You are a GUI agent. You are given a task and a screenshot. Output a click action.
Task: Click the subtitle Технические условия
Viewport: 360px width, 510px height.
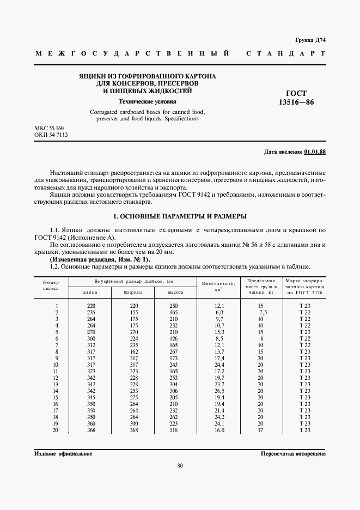click(x=148, y=101)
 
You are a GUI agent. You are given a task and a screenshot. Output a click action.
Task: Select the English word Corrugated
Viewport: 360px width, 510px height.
click(x=106, y=112)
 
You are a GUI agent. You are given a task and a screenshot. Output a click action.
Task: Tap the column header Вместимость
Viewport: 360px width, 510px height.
click(x=218, y=284)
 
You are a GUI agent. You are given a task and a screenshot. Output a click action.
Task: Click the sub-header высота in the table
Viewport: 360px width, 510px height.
click(x=174, y=292)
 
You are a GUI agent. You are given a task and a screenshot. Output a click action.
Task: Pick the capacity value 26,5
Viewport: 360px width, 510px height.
click(x=219, y=391)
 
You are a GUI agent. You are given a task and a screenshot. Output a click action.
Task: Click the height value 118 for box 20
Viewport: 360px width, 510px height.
click(x=174, y=430)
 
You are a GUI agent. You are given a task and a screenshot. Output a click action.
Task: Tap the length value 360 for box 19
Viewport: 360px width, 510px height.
click(x=91, y=423)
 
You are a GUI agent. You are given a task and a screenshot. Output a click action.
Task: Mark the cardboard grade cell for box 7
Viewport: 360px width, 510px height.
click(x=304, y=345)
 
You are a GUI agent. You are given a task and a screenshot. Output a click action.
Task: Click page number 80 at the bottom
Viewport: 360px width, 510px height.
click(x=180, y=465)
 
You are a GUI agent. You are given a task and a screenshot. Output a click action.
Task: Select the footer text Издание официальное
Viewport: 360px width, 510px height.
click(x=63, y=453)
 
